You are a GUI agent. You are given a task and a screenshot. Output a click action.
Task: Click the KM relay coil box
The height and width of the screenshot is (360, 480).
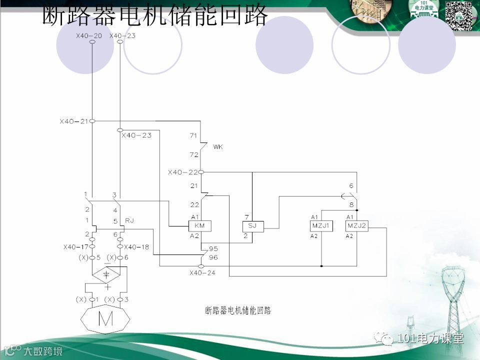(200, 226)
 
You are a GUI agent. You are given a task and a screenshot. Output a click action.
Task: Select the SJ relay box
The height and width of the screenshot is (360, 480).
(252, 226)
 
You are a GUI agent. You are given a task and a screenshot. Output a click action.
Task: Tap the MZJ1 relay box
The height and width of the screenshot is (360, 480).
(321, 226)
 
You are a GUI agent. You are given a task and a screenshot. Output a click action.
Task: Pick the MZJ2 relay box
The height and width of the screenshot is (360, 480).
(357, 226)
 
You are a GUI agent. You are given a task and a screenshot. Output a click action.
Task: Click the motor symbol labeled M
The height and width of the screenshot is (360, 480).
(105, 318)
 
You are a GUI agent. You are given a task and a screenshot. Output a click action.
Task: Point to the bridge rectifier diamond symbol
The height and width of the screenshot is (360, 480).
(106, 274)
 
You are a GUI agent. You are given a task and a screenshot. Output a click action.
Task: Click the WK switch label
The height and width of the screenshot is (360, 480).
(217, 147)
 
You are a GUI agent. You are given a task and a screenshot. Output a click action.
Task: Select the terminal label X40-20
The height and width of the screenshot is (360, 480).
(89, 35)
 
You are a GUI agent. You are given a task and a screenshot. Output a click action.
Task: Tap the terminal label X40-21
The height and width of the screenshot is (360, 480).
(73, 121)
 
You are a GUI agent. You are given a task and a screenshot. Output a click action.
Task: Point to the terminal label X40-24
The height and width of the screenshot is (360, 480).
(202, 273)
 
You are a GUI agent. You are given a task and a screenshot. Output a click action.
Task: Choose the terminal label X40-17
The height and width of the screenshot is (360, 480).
(76, 247)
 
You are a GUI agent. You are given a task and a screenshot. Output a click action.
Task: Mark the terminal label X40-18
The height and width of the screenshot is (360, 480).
(136, 247)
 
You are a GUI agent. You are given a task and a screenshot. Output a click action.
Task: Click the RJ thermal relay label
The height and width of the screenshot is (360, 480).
(129, 220)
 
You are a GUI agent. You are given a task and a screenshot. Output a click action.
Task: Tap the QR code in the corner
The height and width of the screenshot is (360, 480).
(459, 15)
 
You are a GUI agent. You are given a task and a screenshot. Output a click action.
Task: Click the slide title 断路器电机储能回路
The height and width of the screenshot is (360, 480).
(155, 17)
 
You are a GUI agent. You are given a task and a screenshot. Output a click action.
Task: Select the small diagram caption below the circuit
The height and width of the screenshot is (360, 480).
(238, 310)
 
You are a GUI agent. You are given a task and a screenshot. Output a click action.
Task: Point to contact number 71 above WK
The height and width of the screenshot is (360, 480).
(194, 135)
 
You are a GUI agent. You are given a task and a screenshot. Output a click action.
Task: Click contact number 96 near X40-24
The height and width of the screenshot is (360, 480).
(213, 257)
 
